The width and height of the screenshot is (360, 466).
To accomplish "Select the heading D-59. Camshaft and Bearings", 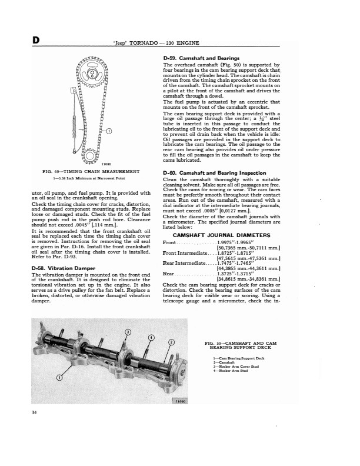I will click(x=201, y=58).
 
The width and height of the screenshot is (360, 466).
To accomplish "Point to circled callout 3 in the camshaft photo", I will click(x=129, y=333).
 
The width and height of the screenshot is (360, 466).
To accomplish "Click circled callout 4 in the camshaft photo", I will click(x=150, y=337).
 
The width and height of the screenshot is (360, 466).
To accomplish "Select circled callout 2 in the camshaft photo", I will click(x=172, y=343).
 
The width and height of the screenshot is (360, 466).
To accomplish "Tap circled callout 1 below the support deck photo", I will click(x=59, y=377).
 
